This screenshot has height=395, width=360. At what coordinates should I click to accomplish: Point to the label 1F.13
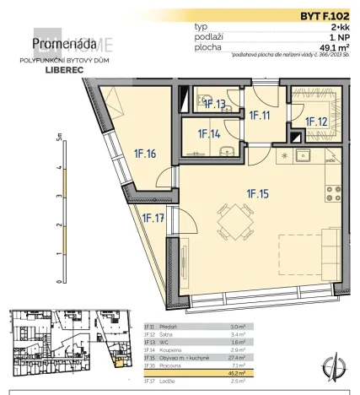click(x=215, y=105)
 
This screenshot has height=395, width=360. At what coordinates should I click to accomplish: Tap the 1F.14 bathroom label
click(x=209, y=133)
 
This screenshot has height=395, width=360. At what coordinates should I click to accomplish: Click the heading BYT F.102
click(x=324, y=15)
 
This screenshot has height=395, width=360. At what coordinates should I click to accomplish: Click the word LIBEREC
click(x=56, y=72)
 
